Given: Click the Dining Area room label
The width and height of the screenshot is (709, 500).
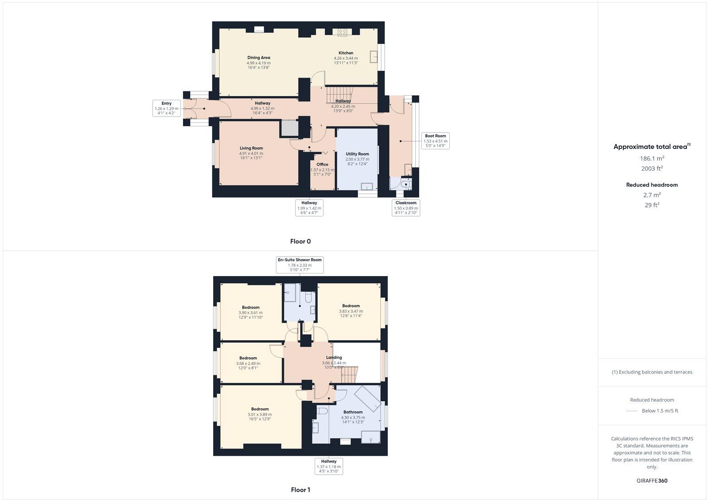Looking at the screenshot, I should click(x=258, y=58).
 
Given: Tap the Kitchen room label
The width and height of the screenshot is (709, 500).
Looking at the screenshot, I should click(x=346, y=53).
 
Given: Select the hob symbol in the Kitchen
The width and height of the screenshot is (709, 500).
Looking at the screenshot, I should click(x=342, y=32).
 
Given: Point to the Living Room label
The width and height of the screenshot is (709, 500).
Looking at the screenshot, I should click(x=251, y=148).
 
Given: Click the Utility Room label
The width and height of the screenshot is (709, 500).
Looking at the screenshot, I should click(x=357, y=154).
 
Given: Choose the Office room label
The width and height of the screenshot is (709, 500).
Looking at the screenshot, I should click(x=322, y=164).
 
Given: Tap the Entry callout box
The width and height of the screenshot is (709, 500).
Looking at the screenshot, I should click(x=166, y=108).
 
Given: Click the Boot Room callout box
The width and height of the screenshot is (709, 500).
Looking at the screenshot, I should click(x=435, y=141).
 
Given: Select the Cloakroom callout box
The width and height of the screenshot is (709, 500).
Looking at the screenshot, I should click(x=405, y=207).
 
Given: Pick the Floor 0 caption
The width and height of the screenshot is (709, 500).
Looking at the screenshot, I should click(x=300, y=242).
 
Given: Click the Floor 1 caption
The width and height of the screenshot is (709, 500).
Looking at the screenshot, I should click(x=300, y=490).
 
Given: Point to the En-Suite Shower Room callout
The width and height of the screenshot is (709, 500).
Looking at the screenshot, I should click(x=300, y=265).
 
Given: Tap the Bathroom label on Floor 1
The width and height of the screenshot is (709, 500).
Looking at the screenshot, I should click(x=353, y=412).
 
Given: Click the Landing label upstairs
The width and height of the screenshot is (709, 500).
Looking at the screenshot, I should click(x=334, y=358).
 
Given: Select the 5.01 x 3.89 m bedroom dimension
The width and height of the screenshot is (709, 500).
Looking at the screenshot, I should click(x=260, y=415).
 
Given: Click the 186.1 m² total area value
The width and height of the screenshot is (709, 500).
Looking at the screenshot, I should click(x=651, y=158).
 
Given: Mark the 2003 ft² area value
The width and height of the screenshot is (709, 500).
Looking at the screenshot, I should click(x=651, y=168).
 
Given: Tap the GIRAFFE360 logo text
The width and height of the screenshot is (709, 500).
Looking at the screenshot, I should click(x=651, y=480).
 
